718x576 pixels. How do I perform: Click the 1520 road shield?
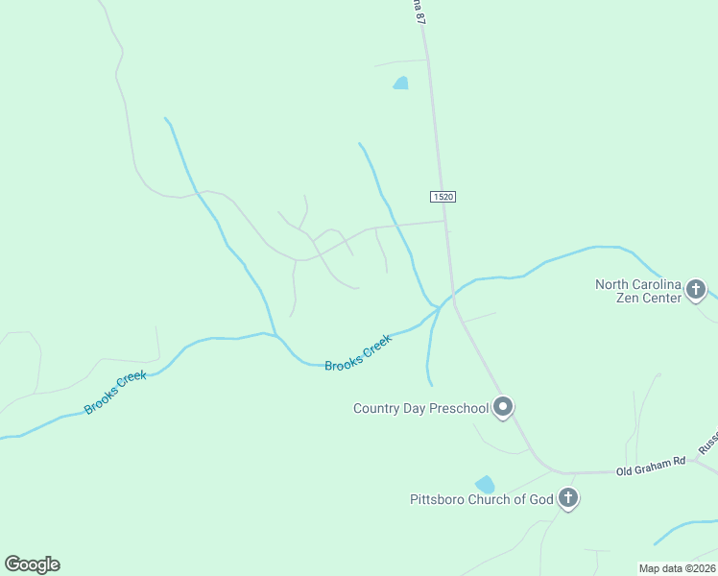click(442, 197)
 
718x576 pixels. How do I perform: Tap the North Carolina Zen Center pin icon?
click(697, 289)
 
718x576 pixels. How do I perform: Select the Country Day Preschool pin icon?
click(502, 407)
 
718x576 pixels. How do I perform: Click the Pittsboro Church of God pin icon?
click(568, 498)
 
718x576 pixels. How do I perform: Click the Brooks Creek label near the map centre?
click(358, 353)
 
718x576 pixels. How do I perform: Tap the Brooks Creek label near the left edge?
click(115, 393)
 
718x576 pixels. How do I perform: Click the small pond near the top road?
click(401, 84)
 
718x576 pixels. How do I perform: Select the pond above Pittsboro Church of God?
click(485, 485)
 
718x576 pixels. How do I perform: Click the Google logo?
click(32, 564)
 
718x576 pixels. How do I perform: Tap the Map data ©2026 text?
click(677, 568)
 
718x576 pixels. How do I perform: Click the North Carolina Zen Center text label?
click(637, 291)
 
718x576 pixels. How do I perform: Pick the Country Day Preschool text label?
click(420, 408)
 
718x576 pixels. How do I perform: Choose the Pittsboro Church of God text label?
click(481, 499)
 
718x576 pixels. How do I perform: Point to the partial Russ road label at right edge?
click(707, 443)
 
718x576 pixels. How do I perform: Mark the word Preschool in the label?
click(459, 408)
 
